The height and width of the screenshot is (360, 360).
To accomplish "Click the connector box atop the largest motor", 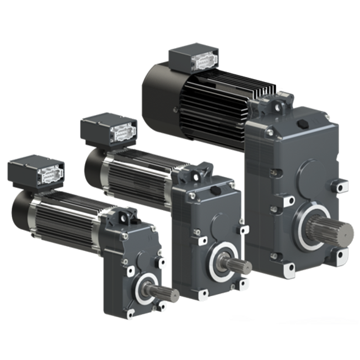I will coord(193,60).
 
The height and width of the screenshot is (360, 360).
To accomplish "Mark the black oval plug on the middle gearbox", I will coord(216,191).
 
